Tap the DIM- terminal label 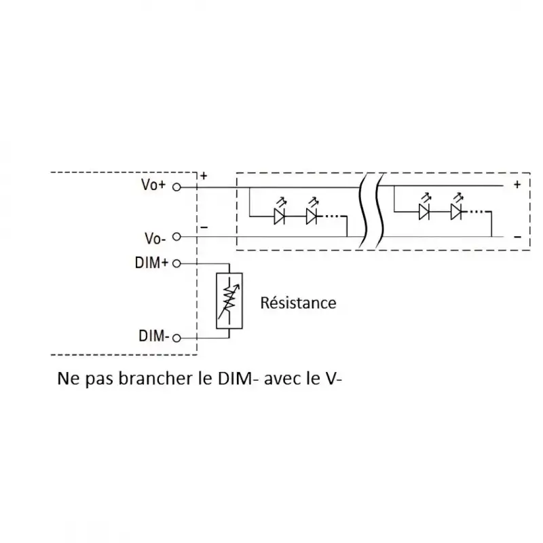click(x=153, y=336)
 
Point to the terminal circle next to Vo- click(x=176, y=237)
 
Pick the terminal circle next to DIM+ click(x=176, y=263)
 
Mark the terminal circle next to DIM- click(x=176, y=337)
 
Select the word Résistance click(x=298, y=303)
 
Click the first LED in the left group click(x=279, y=216)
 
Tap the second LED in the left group click(x=312, y=216)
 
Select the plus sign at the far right click(x=517, y=185)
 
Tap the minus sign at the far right click(x=517, y=237)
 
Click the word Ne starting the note click(x=67, y=377)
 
